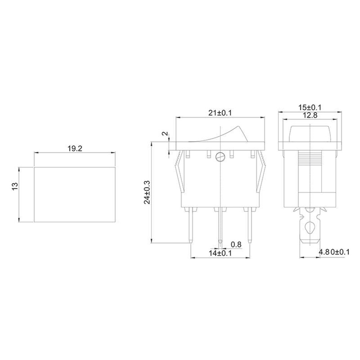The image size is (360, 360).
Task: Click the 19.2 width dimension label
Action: coord(75,148)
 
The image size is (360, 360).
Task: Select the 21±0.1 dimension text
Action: coord(220,113)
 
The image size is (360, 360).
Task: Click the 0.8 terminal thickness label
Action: coord(236,244)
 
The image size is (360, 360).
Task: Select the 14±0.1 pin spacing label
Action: coord(220,253)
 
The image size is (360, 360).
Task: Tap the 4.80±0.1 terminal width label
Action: coord(334,253)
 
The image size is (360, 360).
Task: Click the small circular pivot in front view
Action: coord(220,157)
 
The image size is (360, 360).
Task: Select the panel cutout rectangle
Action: coord(75,195)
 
